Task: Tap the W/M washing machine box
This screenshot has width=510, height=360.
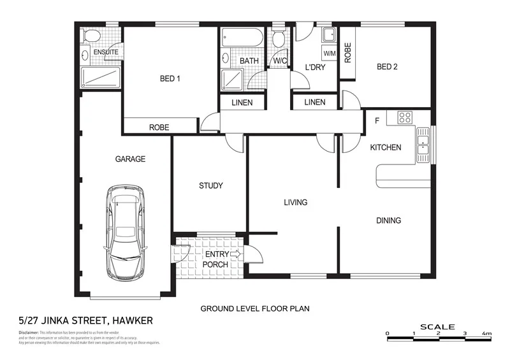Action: (x=330, y=54)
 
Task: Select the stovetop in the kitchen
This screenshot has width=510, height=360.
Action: (x=405, y=117)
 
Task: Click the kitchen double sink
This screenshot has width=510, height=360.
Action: (x=422, y=145)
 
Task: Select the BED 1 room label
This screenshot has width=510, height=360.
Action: (x=170, y=79)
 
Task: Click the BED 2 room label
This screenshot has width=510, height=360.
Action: (x=388, y=66)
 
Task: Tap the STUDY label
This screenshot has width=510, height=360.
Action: (x=210, y=186)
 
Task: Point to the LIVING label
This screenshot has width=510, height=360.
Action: (x=296, y=203)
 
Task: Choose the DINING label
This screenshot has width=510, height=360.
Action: (x=388, y=220)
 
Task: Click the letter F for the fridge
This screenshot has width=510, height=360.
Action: (x=377, y=120)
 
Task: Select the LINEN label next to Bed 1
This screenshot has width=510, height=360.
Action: (x=242, y=103)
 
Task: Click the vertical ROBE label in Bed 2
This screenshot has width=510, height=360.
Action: (x=347, y=52)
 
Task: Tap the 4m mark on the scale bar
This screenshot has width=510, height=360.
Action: (x=486, y=333)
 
